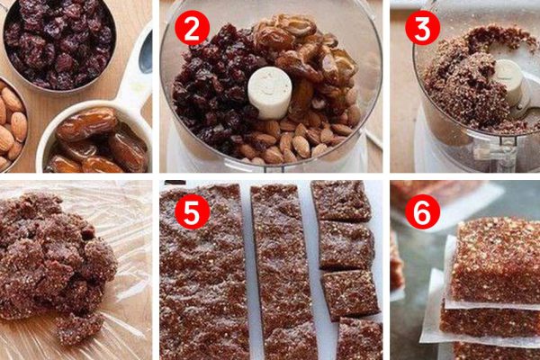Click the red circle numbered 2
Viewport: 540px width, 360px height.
(193, 28)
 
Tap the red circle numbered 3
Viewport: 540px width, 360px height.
(423, 28)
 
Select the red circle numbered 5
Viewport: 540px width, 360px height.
(193, 211)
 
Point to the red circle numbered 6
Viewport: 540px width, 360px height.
(423, 211)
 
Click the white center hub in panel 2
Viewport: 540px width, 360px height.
(270, 93)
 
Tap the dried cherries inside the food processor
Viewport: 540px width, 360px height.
(213, 86)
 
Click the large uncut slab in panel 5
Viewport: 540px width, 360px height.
(203, 272)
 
